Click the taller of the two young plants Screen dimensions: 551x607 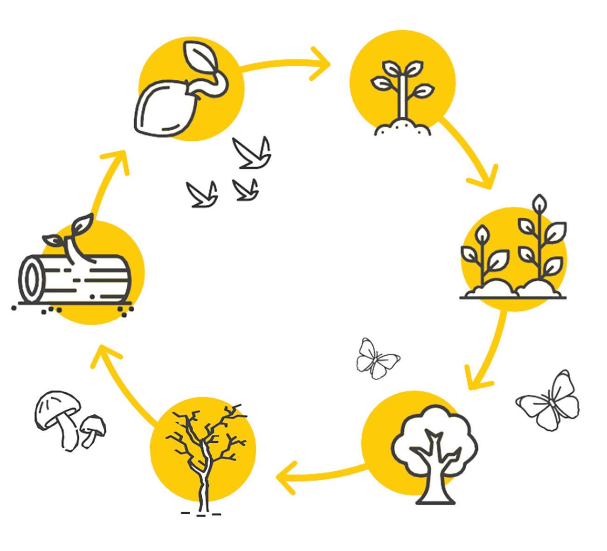[541, 243]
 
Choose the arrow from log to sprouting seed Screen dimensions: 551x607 [107, 182]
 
